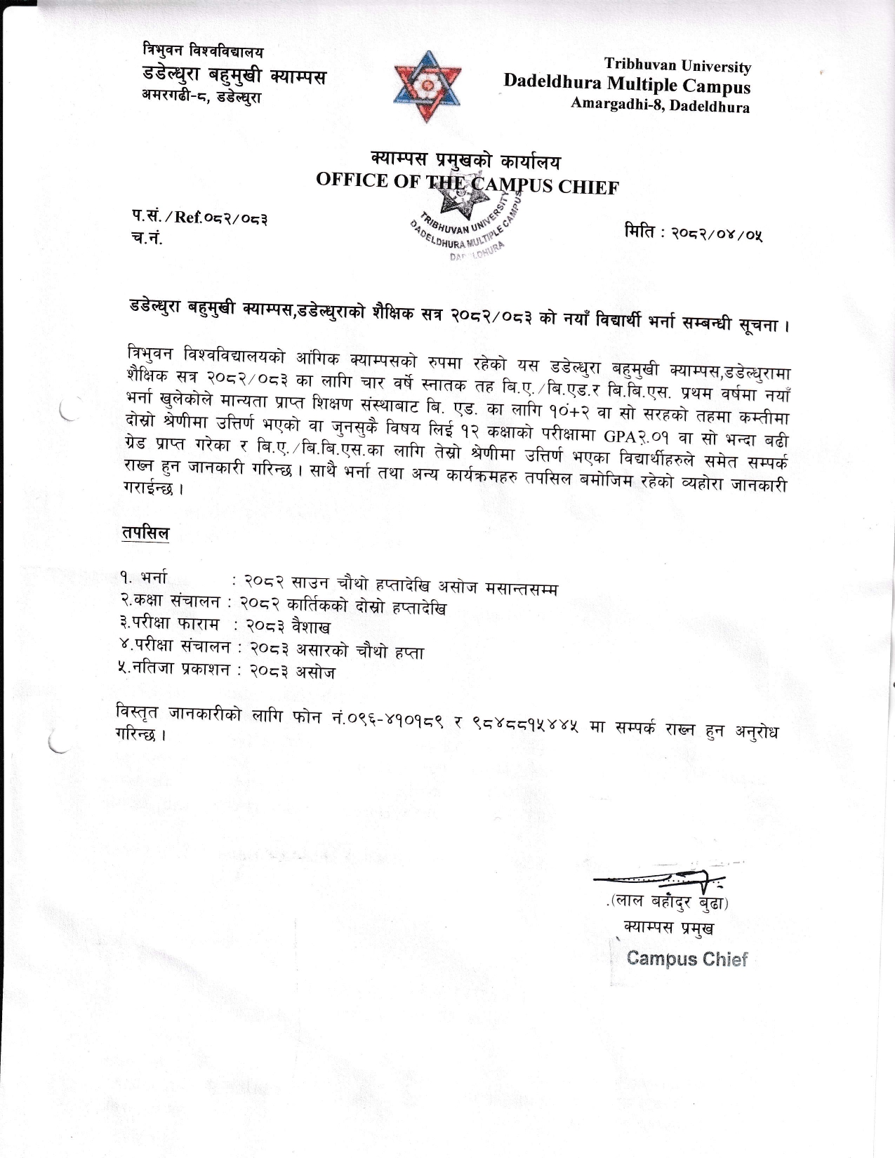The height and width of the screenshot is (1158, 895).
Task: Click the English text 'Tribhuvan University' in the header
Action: [677, 66]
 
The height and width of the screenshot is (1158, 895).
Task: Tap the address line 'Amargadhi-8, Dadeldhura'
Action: [660, 105]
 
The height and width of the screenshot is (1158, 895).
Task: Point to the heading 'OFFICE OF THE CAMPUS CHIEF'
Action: [467, 183]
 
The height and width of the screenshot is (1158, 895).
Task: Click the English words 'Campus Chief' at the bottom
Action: [687, 959]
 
